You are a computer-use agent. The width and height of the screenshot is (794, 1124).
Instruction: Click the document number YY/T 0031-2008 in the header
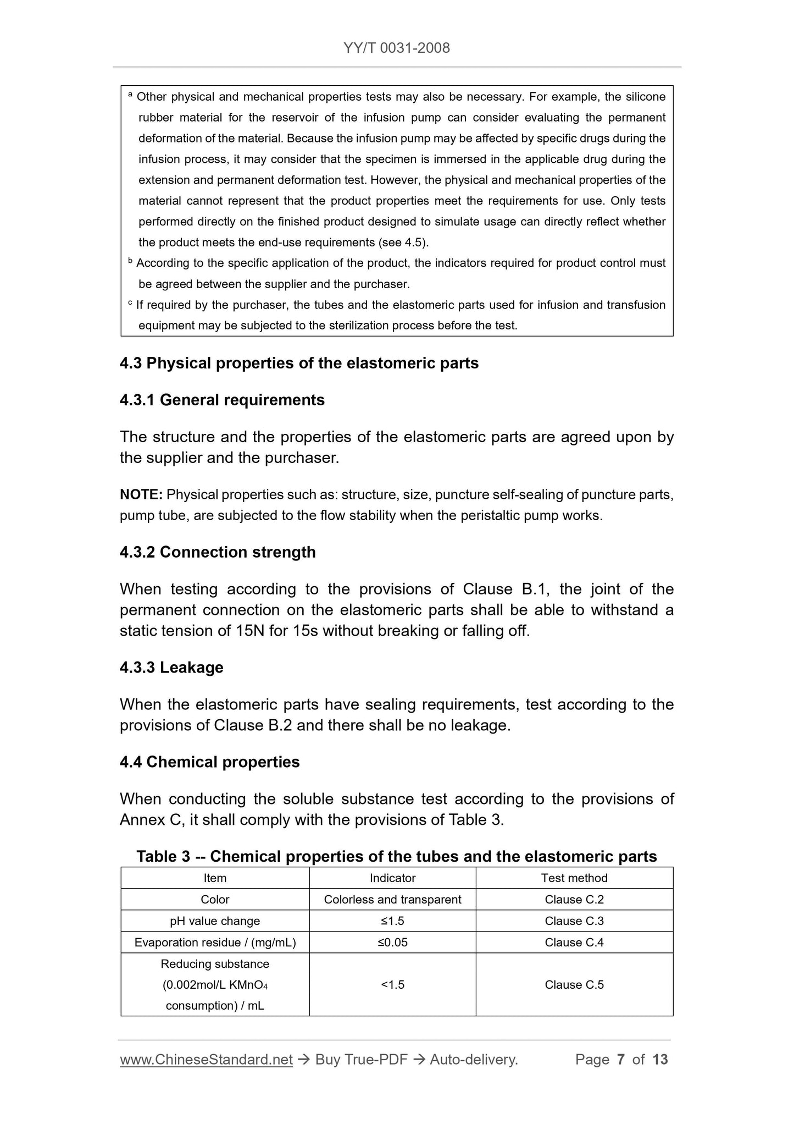(x=397, y=48)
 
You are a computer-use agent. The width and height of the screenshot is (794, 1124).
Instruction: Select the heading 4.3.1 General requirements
(x=222, y=400)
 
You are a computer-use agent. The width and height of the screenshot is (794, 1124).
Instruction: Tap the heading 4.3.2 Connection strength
(x=218, y=552)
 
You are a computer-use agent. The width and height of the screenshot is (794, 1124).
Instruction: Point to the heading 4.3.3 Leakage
(x=171, y=668)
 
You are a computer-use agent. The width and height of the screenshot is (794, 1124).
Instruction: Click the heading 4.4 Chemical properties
(x=209, y=762)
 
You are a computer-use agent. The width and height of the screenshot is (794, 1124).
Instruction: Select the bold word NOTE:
(x=141, y=495)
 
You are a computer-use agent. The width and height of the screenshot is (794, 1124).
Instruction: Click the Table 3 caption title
(x=397, y=856)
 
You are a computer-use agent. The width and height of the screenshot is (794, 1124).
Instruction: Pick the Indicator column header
(x=392, y=878)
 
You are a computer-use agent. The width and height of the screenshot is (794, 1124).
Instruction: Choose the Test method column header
(x=574, y=878)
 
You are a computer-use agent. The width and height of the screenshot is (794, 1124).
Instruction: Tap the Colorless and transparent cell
(x=392, y=900)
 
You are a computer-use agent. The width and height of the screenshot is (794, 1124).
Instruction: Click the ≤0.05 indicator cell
(x=392, y=943)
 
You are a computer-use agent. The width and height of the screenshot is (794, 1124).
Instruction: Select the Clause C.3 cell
(x=574, y=921)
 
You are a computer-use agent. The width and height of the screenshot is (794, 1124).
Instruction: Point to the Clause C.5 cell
(x=574, y=985)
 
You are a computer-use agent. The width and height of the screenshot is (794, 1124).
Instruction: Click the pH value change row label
(x=215, y=921)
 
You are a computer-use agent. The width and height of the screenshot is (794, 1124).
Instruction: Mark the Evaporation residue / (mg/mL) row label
(x=215, y=943)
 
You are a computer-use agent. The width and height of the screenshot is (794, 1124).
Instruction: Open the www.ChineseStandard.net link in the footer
(x=206, y=1060)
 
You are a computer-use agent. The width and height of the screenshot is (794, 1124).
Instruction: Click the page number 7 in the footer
(x=621, y=1060)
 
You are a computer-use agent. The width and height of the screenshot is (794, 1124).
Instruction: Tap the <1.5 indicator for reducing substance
(x=392, y=985)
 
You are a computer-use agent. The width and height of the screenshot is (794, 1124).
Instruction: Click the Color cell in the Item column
(x=215, y=900)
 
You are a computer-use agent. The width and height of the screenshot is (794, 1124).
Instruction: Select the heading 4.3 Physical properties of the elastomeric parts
(x=299, y=363)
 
